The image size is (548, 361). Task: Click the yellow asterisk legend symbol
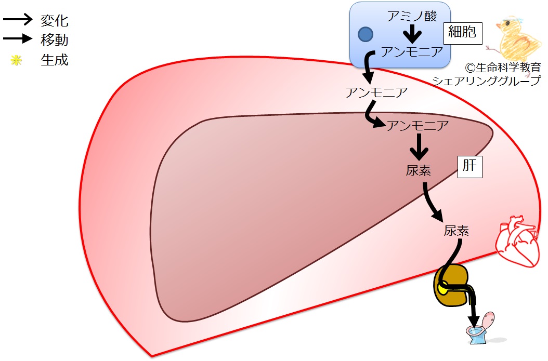(16, 61)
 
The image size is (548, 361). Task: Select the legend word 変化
(54, 21)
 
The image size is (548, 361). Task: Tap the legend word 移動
(54, 40)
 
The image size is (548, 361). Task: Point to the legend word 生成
(54, 60)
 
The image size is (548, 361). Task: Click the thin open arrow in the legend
(18, 19)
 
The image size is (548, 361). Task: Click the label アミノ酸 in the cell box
(412, 16)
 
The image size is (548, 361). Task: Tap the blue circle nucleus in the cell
(366, 34)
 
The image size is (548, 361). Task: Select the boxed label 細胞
(462, 33)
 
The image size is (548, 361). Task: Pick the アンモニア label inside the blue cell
(412, 52)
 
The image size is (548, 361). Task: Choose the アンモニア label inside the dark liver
(417, 125)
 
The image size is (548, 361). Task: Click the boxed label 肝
(470, 167)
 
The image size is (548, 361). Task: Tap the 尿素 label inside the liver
(419, 170)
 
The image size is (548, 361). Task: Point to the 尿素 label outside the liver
(456, 231)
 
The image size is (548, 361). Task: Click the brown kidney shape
(450, 286)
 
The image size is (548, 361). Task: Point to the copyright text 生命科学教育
(508, 68)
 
